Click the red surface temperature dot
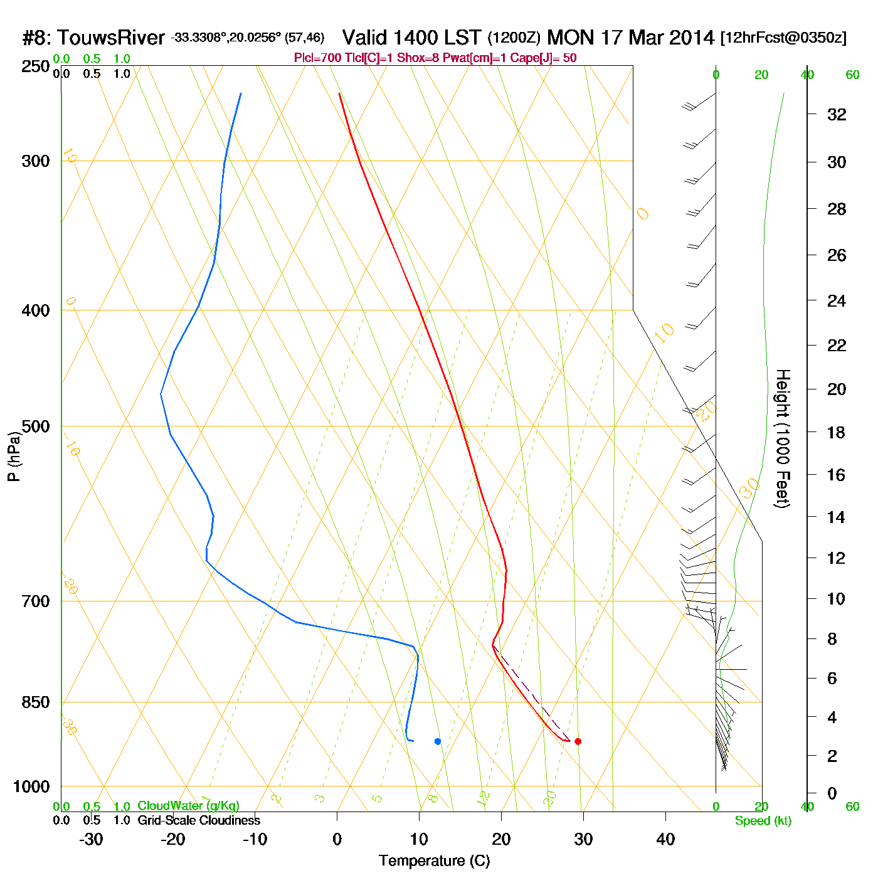(x=578, y=741)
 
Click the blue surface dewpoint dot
(x=438, y=741)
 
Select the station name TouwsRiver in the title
(x=111, y=38)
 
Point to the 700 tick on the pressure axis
(x=36, y=601)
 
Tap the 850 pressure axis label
(x=36, y=702)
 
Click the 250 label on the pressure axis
(x=36, y=66)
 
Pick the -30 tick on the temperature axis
(x=91, y=839)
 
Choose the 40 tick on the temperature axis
(x=665, y=839)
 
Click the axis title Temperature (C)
(x=434, y=861)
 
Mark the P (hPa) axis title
(x=14, y=457)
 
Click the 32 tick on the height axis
(x=837, y=114)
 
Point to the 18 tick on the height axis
(x=837, y=432)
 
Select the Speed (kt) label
(x=763, y=821)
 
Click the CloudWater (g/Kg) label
(x=188, y=806)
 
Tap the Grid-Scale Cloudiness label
(x=199, y=820)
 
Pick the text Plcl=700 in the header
(x=318, y=58)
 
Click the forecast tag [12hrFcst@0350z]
(x=783, y=38)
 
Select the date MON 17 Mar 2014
(x=630, y=38)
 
